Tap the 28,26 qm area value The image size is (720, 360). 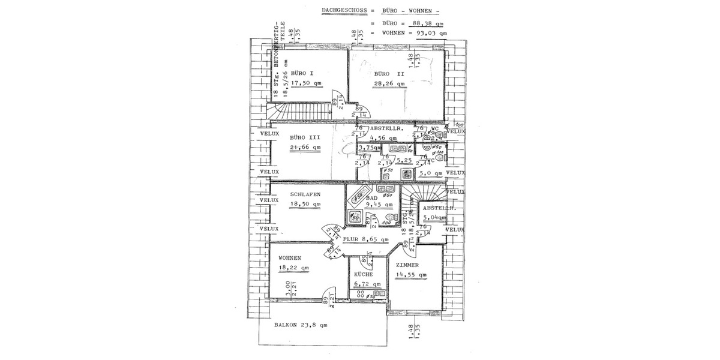[388, 84]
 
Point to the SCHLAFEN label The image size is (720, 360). [305, 194]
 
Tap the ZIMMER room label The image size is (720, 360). [407, 264]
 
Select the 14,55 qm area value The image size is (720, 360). [411, 275]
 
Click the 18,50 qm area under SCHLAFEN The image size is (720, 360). [305, 204]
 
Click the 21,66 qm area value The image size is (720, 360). [305, 147]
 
